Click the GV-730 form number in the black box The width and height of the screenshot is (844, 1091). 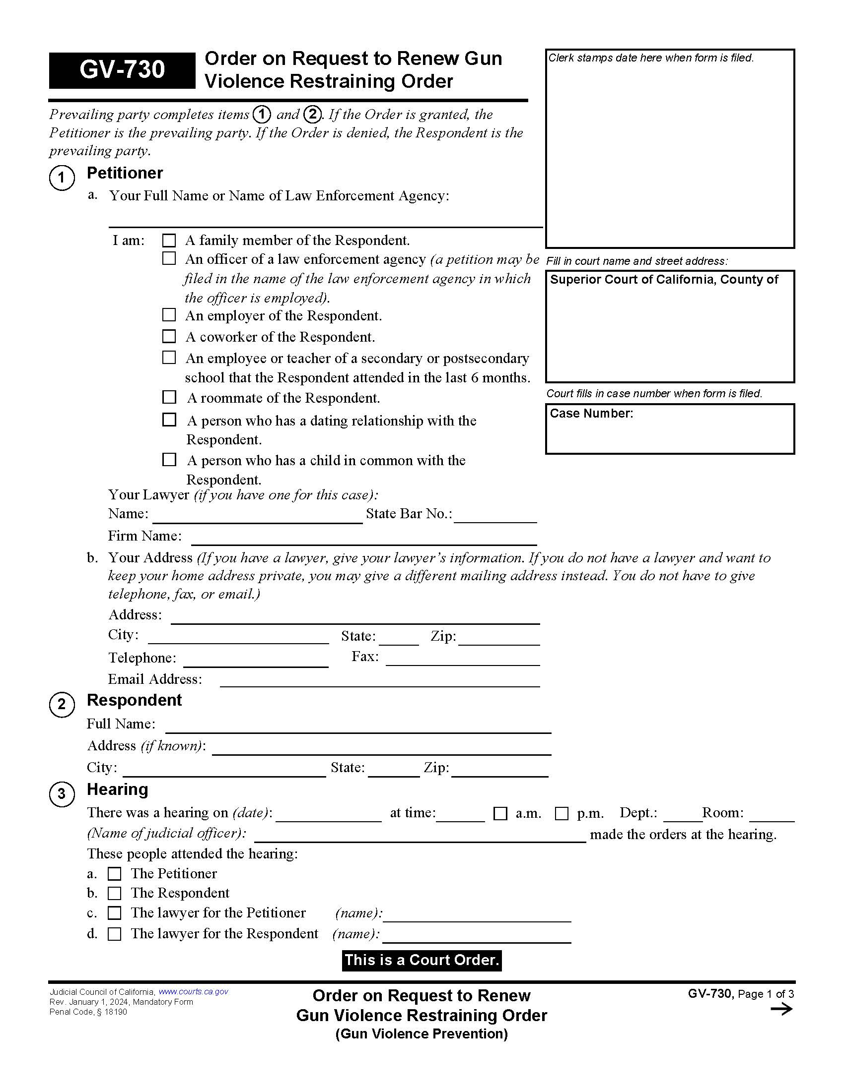coord(122,70)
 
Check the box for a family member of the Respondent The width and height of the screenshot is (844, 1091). coord(169,241)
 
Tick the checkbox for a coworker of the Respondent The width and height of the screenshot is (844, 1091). coord(169,337)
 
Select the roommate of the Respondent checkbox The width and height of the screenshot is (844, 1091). coord(169,397)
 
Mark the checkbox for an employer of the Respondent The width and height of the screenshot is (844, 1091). coord(169,315)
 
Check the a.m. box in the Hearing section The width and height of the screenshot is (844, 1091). coord(500,813)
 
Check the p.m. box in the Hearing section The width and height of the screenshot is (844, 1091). coord(562,813)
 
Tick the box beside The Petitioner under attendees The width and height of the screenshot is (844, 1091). coord(115,874)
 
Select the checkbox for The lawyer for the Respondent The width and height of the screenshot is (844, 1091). coord(115,934)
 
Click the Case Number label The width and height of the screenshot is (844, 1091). coord(591,414)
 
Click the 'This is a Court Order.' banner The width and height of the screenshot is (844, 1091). coord(422,960)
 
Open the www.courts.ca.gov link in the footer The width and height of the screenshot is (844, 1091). coord(193,992)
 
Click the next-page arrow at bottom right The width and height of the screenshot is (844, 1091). coord(781,1010)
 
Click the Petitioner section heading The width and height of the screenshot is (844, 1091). coord(125,173)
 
